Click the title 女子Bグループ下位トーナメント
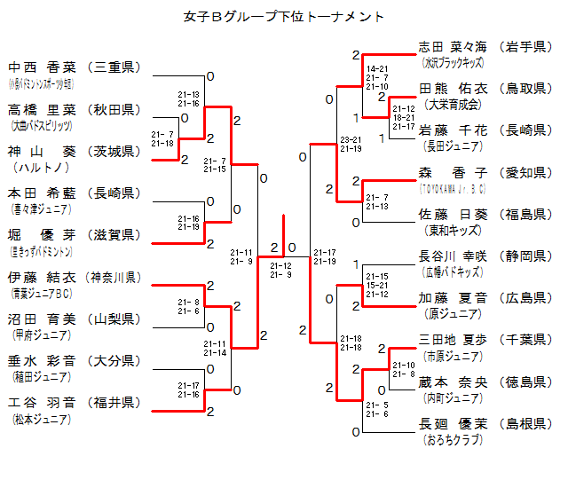coord(284,16)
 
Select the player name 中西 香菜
coord(43,67)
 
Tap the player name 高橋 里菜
coord(43,109)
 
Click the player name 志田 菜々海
coord(454,47)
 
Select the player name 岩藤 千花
coord(454,130)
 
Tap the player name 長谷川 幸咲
coord(454,256)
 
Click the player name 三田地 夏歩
coord(454,340)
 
